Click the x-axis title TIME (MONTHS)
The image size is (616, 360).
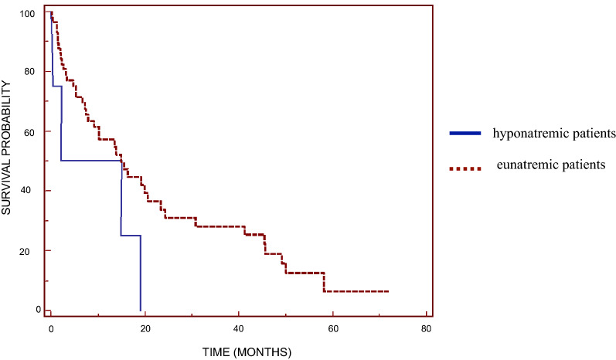pos(246,352)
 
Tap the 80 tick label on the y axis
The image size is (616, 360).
pos(29,72)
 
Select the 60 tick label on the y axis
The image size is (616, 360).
pos(29,131)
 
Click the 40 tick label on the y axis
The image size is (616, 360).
pos(29,191)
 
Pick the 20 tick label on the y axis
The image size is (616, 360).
pos(29,250)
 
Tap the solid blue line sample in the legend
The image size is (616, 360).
pos(465,134)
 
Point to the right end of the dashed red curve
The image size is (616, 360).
pos(388,291)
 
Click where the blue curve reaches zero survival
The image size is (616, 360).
pos(141,310)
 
